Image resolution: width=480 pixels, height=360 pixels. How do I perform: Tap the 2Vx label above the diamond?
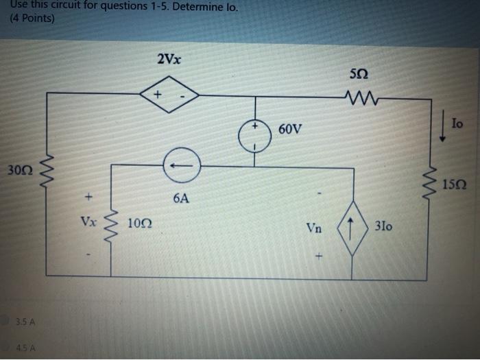coord(169,59)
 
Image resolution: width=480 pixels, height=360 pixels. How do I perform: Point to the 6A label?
coord(181,198)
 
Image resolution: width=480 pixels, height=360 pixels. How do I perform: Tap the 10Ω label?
coord(140,224)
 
